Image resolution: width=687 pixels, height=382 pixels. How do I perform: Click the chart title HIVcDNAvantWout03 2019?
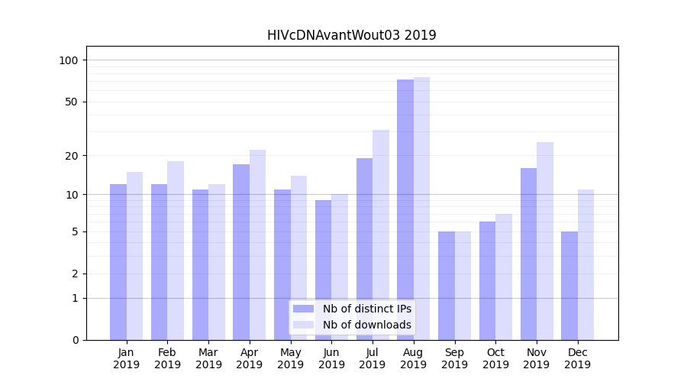pyautogui.click(x=351, y=35)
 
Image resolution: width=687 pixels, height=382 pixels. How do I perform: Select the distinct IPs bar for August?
pyautogui.click(x=405, y=209)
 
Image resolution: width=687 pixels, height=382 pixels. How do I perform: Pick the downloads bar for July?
pyautogui.click(x=381, y=235)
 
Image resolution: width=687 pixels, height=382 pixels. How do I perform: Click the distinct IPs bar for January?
pyautogui.click(x=118, y=261)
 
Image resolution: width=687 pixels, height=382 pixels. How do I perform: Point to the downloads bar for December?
pyautogui.click(x=585, y=264)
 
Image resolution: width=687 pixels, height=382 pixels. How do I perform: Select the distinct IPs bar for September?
pyautogui.click(x=447, y=285)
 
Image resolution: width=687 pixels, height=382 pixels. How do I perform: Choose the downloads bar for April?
pyautogui.click(x=258, y=244)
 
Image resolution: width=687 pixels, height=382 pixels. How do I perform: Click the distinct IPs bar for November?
pyautogui.click(x=528, y=254)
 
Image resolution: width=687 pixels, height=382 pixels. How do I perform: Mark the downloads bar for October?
pyautogui.click(x=504, y=277)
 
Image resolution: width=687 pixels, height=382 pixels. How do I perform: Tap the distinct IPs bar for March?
pyautogui.click(x=200, y=264)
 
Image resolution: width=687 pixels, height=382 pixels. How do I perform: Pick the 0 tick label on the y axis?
pyautogui.click(x=76, y=340)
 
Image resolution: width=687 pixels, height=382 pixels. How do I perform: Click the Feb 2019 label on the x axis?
pyautogui.click(x=167, y=358)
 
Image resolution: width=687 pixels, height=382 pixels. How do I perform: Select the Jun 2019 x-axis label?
pyautogui.click(x=331, y=358)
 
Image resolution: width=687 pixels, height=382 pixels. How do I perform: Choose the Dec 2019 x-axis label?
pyautogui.click(x=577, y=358)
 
